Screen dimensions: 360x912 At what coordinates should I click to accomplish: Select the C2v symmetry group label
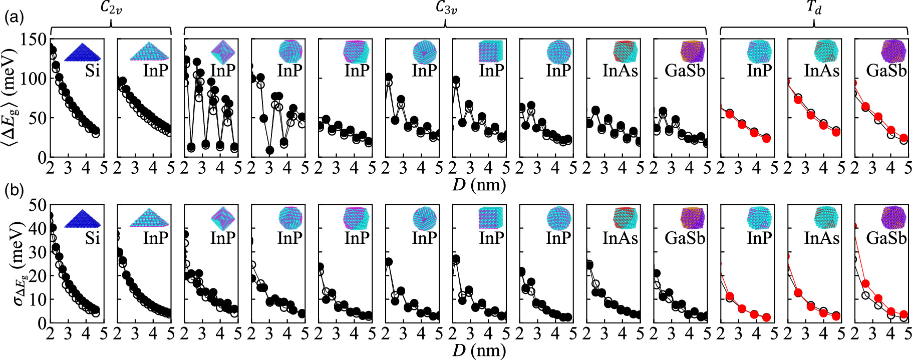pos(111,9)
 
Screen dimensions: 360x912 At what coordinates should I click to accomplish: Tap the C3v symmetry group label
pos(445,9)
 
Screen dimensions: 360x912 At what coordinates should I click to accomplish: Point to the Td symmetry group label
pos(814,9)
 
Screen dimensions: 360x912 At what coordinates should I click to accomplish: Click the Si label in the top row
pos(92,71)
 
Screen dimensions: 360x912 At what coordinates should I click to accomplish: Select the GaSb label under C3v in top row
pos(685,71)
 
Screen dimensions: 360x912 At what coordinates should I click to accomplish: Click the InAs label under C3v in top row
pos(620,71)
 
